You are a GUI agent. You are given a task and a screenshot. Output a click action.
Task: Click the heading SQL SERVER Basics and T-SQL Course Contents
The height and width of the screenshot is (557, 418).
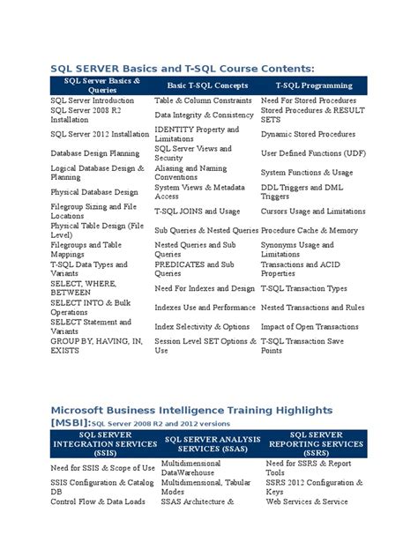(x=182, y=68)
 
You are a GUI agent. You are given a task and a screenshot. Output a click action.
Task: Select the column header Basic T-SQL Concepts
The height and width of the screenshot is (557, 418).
(x=207, y=85)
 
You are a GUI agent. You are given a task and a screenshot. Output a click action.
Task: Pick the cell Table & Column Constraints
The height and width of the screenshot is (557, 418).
(x=204, y=100)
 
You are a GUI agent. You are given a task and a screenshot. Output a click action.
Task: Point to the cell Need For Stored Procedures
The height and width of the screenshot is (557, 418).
(x=308, y=100)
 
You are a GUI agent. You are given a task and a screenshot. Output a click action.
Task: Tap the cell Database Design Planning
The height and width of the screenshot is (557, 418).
(x=96, y=152)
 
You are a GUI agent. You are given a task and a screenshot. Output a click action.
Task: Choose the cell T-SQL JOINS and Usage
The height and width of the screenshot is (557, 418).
(x=197, y=211)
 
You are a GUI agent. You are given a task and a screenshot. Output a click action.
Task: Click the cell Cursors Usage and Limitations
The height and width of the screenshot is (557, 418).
(x=312, y=211)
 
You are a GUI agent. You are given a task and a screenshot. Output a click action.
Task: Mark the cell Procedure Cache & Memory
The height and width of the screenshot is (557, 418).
(x=308, y=230)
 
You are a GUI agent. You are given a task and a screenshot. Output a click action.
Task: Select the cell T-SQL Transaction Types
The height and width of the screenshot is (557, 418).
(x=303, y=288)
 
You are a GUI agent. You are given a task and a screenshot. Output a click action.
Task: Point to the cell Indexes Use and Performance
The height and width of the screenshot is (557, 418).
(x=205, y=308)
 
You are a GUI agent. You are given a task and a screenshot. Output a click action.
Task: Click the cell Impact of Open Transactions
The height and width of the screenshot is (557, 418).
(x=310, y=327)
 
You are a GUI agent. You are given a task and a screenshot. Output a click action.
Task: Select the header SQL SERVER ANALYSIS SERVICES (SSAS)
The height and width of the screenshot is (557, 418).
(x=209, y=443)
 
